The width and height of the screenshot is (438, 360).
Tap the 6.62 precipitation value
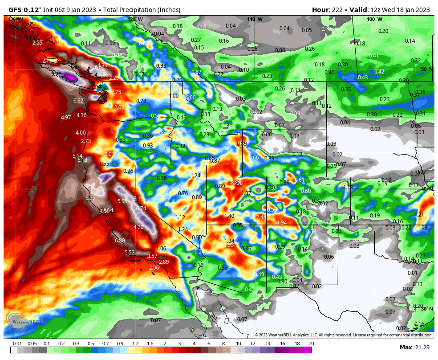point(78,101)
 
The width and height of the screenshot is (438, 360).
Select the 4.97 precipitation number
point(66,118)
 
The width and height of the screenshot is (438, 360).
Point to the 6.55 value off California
point(90,198)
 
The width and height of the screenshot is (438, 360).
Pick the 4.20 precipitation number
point(138,227)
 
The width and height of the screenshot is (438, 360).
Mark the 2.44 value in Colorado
point(261,217)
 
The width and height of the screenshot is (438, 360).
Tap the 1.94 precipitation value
point(282,223)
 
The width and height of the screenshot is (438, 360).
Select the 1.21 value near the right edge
point(419,215)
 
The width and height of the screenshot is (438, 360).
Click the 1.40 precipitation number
point(229,216)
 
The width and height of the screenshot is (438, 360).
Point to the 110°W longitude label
point(255,19)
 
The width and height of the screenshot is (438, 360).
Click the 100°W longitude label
point(374,19)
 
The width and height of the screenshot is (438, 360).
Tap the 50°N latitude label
point(426,69)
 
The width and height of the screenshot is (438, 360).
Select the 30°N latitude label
point(426,309)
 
